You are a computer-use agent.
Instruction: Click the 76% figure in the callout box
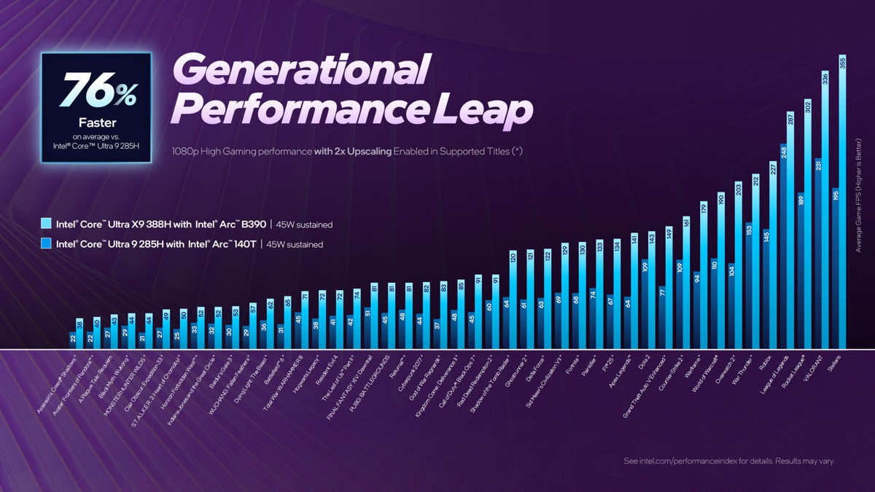[98, 91]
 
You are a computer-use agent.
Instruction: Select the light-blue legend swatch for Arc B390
[47, 224]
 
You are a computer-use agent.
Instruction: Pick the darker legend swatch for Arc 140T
[47, 244]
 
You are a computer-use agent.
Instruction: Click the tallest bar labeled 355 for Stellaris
[842, 204]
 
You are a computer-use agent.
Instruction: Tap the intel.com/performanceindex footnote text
[729, 461]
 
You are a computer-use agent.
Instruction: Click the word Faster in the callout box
[97, 122]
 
